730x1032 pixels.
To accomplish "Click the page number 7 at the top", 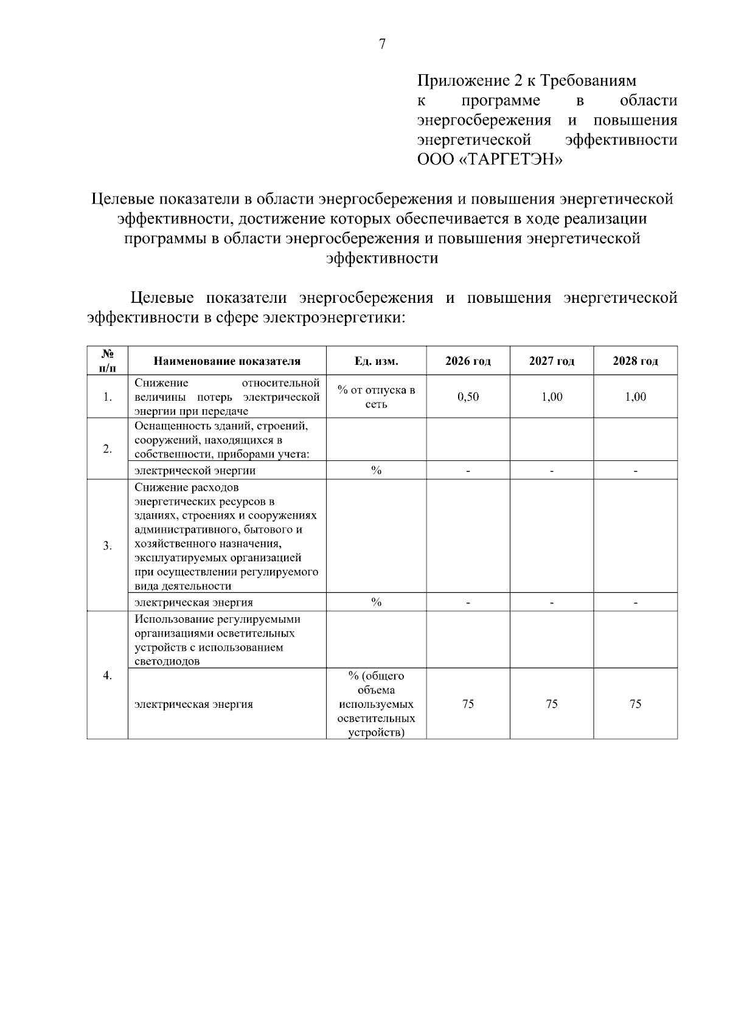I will (382, 44).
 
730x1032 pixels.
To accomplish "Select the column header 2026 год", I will (468, 361).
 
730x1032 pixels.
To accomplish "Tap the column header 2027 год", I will (551, 361).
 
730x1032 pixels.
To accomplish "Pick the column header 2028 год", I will (635, 361).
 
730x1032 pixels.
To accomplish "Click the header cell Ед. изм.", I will (376, 361).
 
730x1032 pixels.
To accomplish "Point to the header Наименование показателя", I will (227, 361).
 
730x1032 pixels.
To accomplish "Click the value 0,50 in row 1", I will (468, 397).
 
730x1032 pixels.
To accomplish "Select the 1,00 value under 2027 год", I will (551, 397).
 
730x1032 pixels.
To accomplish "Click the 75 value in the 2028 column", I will (635, 704).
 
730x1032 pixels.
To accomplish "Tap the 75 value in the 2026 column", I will (468, 704).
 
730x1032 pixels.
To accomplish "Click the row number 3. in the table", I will (107, 545).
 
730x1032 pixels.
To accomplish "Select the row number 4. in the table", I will (107, 676).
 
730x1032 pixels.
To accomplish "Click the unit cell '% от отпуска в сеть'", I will (376, 397).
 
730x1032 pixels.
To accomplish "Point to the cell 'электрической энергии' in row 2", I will (195, 471).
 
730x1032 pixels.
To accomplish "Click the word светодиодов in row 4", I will (167, 662).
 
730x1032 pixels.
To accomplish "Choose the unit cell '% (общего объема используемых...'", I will (376, 704).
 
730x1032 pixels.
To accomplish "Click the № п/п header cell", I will (107, 361).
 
